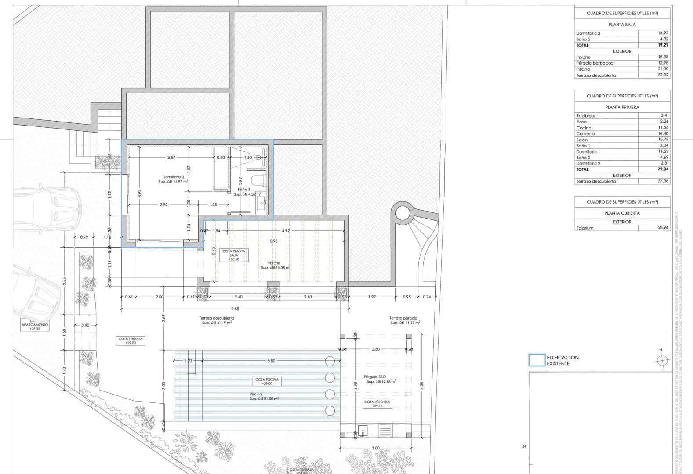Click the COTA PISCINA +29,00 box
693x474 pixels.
tap(267, 381)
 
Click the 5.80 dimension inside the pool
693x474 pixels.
tap(271, 361)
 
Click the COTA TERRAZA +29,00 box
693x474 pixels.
tap(131, 341)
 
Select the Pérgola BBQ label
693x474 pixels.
tap(374, 377)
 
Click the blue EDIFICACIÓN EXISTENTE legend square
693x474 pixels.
tap(537, 360)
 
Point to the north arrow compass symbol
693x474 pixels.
tap(660, 360)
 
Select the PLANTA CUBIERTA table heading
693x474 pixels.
tap(622, 213)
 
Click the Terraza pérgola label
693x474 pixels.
tap(403, 318)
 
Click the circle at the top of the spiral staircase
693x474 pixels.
tap(402, 213)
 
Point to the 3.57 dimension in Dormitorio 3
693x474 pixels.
tap(171, 158)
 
